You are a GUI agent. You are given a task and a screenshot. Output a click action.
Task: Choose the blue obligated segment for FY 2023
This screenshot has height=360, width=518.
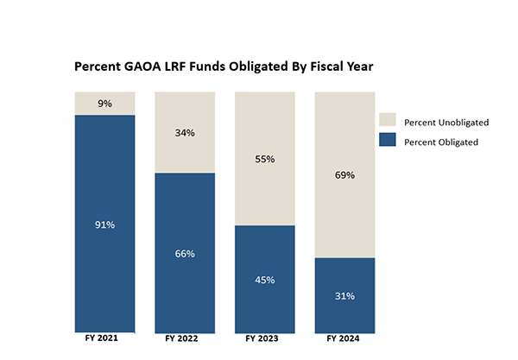(265, 302)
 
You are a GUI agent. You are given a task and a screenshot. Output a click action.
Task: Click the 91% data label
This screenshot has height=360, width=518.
(104, 224)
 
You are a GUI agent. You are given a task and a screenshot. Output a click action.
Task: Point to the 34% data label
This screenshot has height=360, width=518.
(185, 133)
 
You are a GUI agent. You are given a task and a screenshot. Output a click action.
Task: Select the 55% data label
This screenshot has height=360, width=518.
(265, 160)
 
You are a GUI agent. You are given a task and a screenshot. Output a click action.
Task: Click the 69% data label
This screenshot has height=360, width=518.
(345, 175)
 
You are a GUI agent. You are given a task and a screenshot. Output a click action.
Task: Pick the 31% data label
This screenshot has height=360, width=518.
(345, 296)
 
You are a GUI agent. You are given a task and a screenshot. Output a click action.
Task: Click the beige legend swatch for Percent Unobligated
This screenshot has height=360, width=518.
(388, 122)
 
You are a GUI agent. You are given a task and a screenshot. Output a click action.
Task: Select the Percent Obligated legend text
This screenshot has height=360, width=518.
(441, 142)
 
